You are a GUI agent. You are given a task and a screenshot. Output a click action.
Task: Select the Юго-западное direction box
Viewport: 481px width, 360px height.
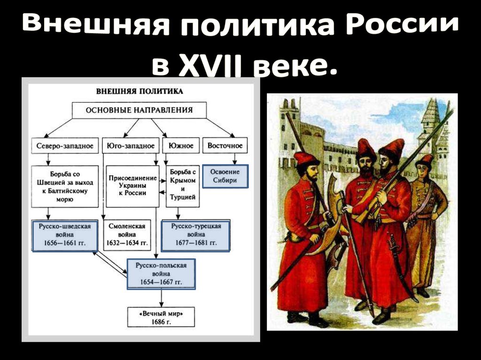pos(130,146)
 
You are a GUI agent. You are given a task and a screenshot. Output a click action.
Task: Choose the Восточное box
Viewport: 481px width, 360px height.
pos(225,146)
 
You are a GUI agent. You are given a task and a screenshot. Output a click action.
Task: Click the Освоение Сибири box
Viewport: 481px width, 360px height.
pos(225,176)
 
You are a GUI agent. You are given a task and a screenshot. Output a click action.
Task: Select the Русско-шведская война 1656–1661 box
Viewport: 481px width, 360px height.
pos(65,235)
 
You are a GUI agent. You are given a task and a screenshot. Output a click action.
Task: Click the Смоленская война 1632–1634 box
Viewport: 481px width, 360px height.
pos(127,235)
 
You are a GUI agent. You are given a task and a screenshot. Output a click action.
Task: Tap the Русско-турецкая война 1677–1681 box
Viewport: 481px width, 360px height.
pos(195,235)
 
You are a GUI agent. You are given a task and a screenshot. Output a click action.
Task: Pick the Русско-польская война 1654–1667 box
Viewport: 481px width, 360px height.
pos(161,274)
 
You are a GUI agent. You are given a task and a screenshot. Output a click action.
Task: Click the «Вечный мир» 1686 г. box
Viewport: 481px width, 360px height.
pos(161,317)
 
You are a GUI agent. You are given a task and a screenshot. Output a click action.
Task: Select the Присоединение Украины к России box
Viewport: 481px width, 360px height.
pos(132,186)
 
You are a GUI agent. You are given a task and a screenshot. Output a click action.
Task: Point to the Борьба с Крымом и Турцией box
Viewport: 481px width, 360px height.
pos(182,186)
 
